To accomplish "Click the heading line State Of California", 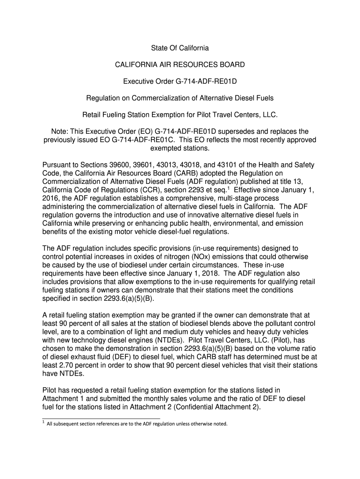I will (x=180, y=48).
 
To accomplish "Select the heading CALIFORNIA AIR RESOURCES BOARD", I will (x=180, y=65).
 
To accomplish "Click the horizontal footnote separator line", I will (x=101, y=418).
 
